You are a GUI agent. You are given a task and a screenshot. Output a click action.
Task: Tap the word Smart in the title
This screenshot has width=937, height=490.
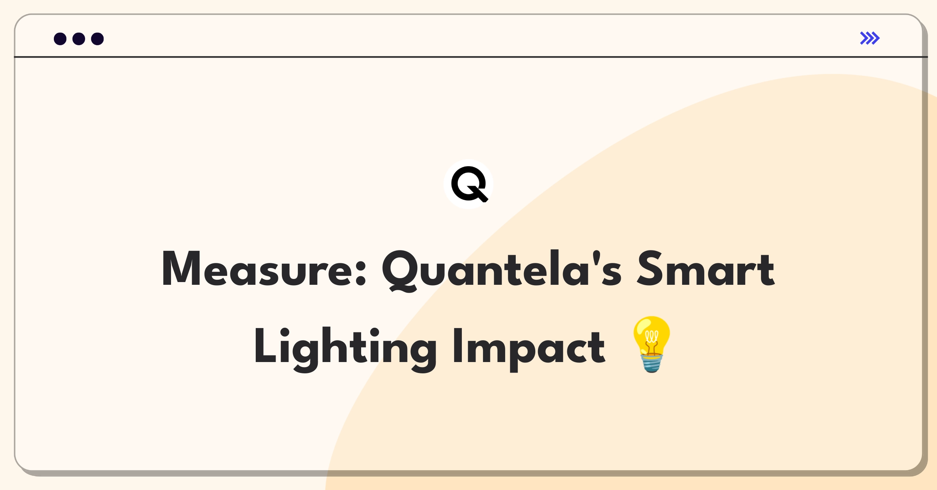click(x=705, y=268)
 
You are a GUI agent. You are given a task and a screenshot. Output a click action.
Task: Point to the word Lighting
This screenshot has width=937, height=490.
click(x=345, y=349)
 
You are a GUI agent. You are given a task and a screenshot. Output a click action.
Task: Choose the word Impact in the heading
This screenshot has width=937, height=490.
click(x=529, y=350)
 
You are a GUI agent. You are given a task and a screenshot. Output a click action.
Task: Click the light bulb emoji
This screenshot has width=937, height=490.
click(x=651, y=344)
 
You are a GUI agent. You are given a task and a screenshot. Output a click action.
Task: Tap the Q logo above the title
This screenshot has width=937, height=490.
click(x=468, y=184)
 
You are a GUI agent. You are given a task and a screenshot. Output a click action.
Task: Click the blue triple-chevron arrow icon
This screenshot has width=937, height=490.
click(x=870, y=38)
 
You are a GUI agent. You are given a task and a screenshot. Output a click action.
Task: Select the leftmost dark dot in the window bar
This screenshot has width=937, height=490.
click(x=60, y=39)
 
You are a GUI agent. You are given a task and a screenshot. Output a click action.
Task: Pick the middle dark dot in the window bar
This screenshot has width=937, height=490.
click(x=79, y=39)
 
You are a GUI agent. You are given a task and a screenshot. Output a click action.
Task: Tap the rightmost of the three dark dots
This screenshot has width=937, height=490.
click(x=98, y=39)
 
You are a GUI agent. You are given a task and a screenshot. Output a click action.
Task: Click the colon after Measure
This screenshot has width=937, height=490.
click(x=361, y=272)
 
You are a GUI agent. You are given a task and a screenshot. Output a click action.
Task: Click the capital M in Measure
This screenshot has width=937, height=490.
click(x=181, y=268)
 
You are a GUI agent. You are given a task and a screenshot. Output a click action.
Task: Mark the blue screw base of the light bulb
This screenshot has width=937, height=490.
click(x=651, y=364)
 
